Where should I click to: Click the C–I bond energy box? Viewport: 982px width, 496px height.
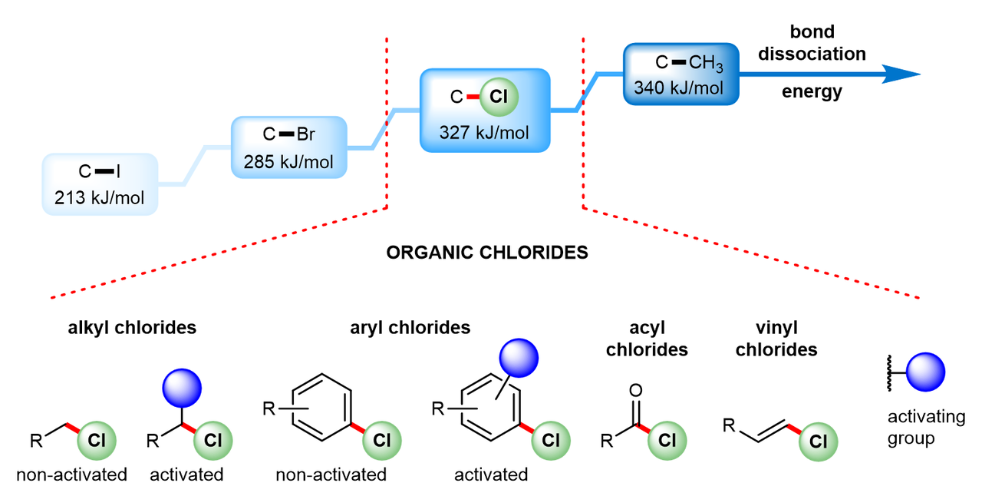pyautogui.click(x=101, y=184)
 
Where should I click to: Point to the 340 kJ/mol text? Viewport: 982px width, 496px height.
pyautogui.click(x=679, y=88)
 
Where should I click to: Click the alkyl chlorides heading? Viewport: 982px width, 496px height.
pyautogui.click(x=130, y=328)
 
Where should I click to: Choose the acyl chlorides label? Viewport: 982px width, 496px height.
pyautogui.click(x=647, y=339)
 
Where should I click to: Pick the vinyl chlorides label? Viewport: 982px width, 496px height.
pyautogui.click(x=776, y=339)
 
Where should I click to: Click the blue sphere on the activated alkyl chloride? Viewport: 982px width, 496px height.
pyautogui.click(x=181, y=386)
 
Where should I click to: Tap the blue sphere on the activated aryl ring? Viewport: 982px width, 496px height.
pyautogui.click(x=519, y=358)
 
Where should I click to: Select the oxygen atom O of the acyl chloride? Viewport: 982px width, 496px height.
pyautogui.click(x=635, y=392)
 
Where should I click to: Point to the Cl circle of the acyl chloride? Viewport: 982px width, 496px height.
pyautogui.click(x=667, y=440)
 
